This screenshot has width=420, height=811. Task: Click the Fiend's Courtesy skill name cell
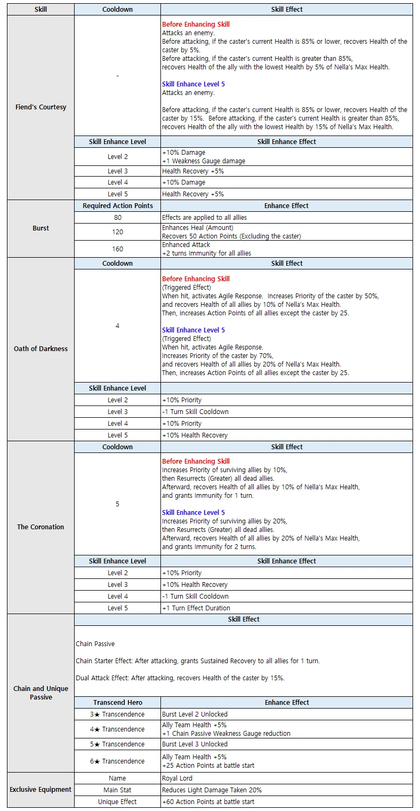tap(41, 107)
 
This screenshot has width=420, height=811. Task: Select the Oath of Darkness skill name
tap(41, 349)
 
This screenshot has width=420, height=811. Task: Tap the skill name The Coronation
tap(41, 527)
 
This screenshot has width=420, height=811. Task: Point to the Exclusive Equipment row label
tap(41, 790)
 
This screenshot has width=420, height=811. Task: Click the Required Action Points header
tap(117, 206)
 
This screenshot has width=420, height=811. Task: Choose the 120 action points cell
tap(117, 232)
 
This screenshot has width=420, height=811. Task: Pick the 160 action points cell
tap(117, 249)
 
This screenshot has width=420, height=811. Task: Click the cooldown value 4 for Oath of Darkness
tap(117, 325)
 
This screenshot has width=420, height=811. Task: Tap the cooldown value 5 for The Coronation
tap(117, 504)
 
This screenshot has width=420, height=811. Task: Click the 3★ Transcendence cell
tap(117, 714)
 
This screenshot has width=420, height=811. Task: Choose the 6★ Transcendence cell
tap(117, 761)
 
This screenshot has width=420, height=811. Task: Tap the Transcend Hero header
tap(117, 703)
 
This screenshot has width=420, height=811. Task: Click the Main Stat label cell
tap(117, 790)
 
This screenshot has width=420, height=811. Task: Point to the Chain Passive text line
tap(95, 644)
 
